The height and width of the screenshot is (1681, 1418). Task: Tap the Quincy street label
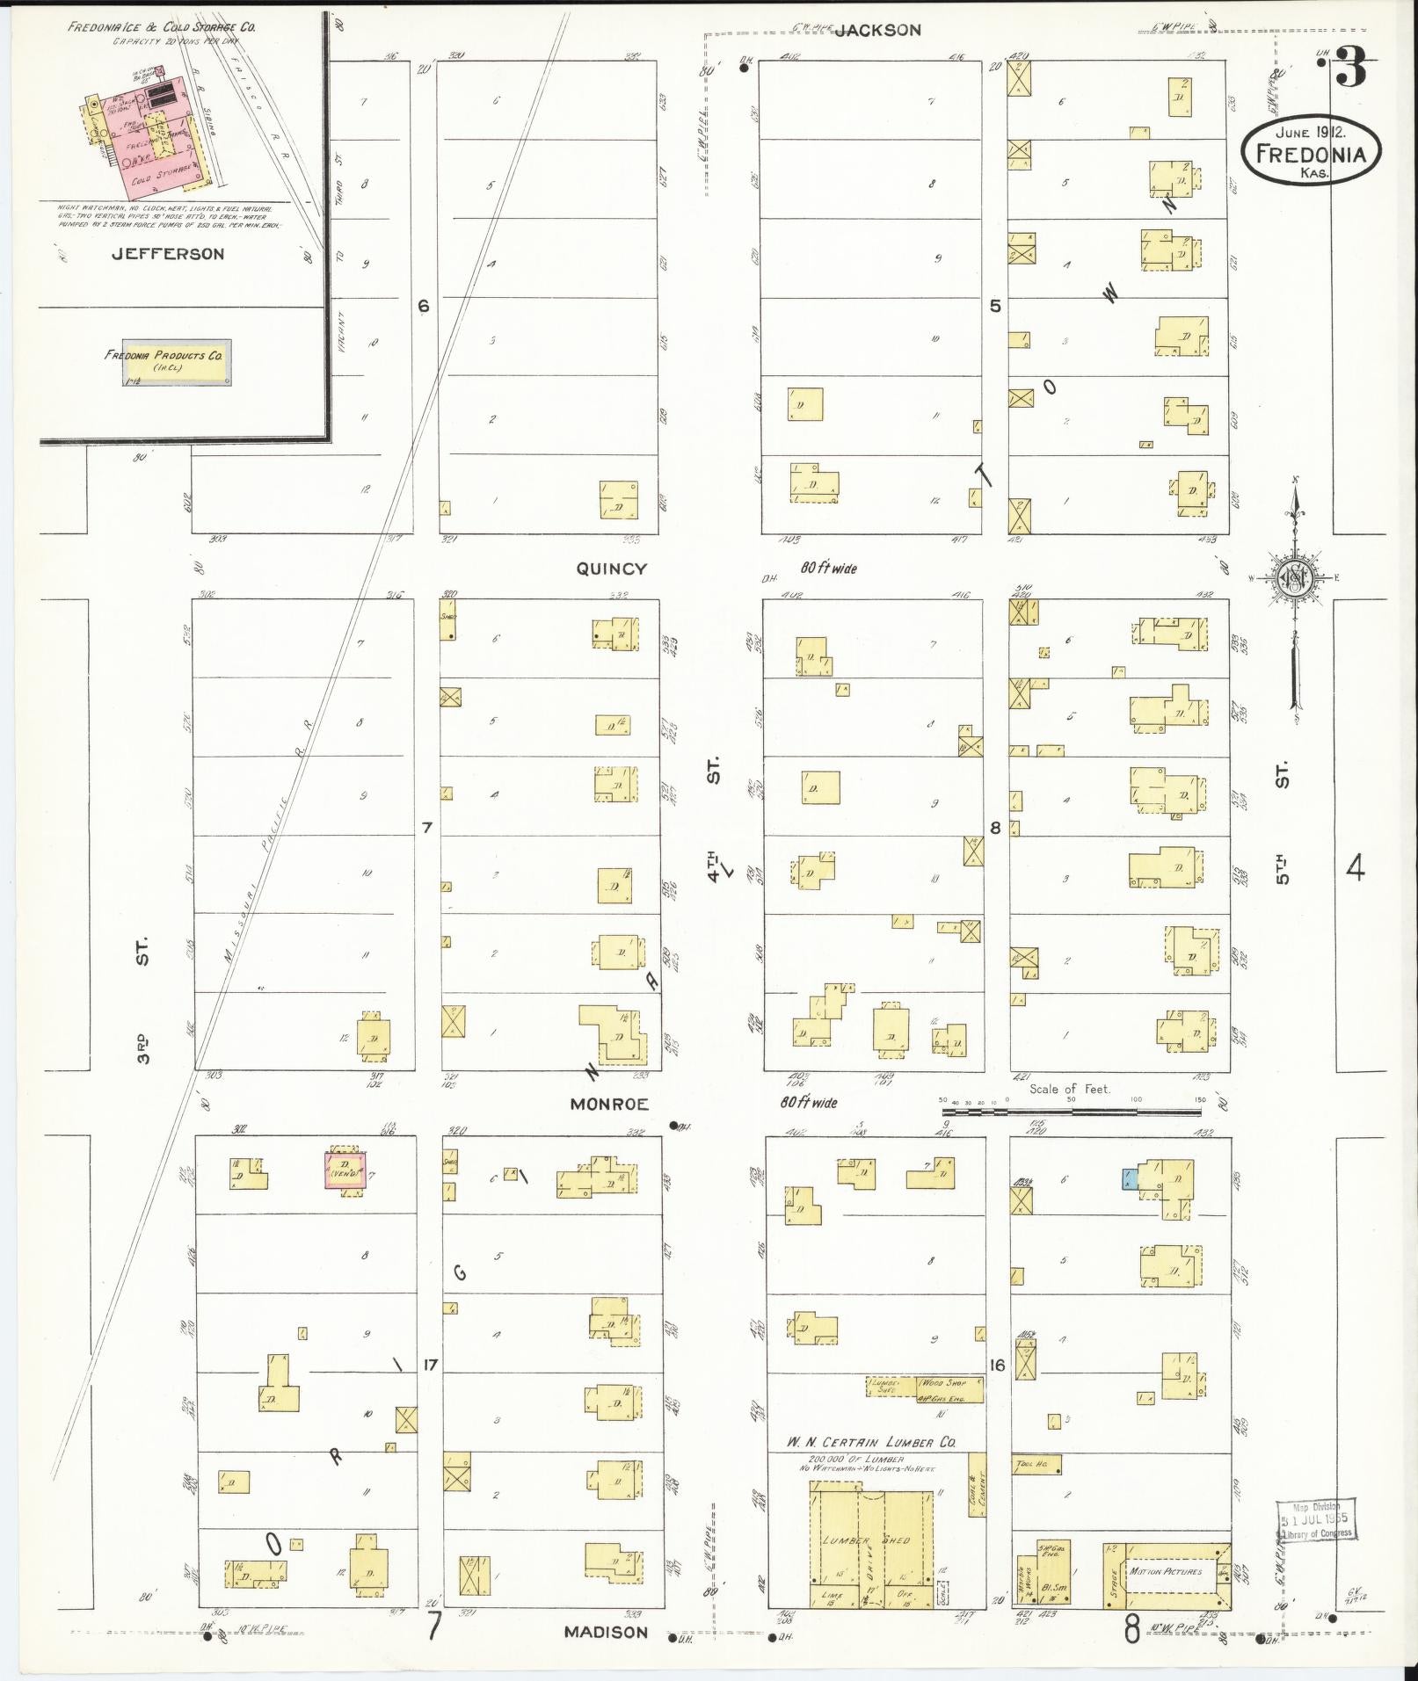pos(611,569)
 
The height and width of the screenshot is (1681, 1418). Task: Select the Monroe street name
pos(609,1104)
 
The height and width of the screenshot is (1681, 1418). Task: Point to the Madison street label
pos(606,1632)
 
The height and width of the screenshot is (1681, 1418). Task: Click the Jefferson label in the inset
pos(167,254)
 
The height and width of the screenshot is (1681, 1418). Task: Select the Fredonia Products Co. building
pos(176,362)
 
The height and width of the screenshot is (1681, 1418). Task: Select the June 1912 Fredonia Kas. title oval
pos(1311,153)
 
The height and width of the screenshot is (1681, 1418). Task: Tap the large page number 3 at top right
pos(1352,69)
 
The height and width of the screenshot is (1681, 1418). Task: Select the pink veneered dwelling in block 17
pos(346,1170)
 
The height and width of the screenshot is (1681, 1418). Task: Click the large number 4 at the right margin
pos(1356,869)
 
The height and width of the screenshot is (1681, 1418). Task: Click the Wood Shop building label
pos(944,1382)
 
